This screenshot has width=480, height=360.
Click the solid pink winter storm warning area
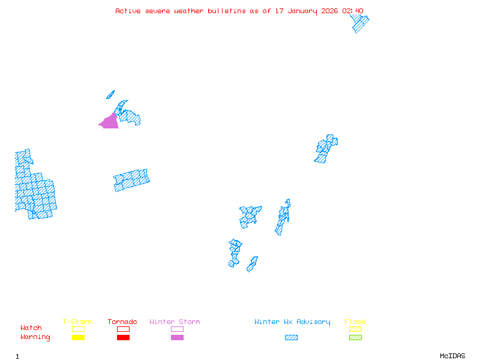(110, 122)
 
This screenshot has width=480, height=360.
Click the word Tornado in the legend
(122, 322)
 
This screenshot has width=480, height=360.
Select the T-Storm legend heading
(77, 322)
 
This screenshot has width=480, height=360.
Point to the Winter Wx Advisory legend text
(292, 322)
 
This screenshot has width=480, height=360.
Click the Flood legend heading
(355, 322)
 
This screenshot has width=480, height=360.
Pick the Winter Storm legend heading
(175, 322)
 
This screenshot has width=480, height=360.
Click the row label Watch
(31, 328)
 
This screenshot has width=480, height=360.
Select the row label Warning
(35, 337)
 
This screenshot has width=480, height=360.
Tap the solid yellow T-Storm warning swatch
(78, 338)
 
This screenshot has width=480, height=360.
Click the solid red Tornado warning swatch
(123, 338)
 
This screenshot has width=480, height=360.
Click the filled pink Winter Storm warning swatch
(177, 338)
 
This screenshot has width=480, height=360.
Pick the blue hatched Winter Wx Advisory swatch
(291, 338)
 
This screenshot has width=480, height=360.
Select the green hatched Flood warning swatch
(355, 338)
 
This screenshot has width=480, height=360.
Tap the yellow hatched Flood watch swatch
(355, 329)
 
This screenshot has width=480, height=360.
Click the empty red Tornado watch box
(123, 329)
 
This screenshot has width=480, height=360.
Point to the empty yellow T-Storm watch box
(78, 329)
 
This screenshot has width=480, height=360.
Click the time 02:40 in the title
(353, 11)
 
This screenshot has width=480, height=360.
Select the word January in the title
(304, 11)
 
